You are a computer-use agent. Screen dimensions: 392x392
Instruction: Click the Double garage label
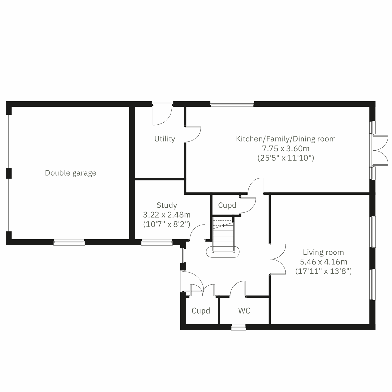71,173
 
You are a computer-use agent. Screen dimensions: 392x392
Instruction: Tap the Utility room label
165,139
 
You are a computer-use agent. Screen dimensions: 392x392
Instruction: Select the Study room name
167,205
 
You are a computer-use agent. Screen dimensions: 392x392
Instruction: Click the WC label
244,311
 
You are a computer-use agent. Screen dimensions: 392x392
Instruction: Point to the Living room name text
323,252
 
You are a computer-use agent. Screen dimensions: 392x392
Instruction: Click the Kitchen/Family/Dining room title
286,139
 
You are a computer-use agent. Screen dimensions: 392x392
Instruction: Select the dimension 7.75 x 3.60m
286,149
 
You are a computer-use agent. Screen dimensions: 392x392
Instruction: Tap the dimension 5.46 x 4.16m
323,262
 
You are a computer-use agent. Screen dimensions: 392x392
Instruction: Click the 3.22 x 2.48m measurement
167,215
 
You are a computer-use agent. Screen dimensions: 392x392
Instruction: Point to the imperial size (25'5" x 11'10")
286,158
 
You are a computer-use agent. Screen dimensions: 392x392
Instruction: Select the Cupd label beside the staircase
227,205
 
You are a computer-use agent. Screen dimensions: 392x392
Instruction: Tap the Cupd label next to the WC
201,311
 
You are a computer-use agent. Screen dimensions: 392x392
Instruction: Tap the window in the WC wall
238,327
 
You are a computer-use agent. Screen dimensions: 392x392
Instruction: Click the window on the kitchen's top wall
232,104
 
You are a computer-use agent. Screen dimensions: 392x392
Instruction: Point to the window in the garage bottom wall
69,242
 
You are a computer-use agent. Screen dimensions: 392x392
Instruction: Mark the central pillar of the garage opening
9,173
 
